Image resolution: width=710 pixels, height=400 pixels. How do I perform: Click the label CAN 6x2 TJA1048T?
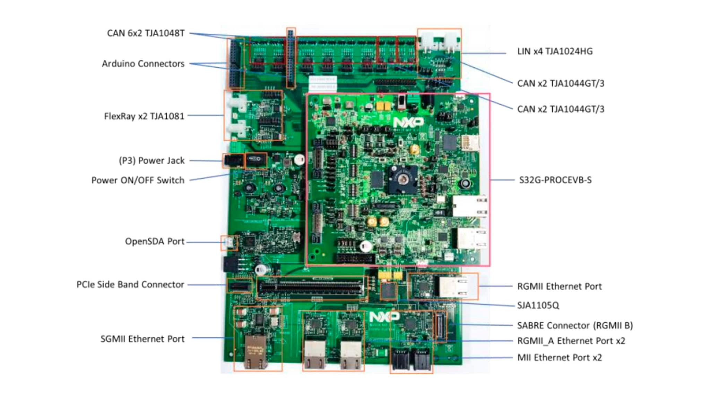tap(146, 33)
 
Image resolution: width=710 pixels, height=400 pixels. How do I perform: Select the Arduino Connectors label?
tap(143, 64)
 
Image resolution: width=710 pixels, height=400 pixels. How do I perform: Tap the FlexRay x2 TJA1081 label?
tap(144, 116)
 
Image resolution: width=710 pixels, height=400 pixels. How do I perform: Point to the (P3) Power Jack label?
tap(151, 160)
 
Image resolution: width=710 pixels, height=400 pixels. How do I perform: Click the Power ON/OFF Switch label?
tap(138, 180)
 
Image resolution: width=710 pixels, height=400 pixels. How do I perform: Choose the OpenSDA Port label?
tap(154, 241)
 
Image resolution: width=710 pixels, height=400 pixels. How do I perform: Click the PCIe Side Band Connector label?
tap(130, 285)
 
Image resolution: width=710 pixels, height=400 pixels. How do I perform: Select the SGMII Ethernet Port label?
tap(142, 339)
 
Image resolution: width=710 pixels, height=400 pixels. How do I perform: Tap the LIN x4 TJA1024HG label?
tap(555, 51)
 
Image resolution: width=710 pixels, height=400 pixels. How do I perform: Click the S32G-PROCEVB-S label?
tap(555, 180)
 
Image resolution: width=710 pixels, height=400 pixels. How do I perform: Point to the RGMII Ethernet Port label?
tap(559, 286)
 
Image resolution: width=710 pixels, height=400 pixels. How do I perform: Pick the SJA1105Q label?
tap(538, 306)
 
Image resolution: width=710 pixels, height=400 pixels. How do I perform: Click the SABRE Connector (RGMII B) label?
tap(575, 326)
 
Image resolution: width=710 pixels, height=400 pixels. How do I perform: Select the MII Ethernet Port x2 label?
tap(559, 358)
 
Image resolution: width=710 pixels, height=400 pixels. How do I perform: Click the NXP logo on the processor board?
tap(408, 122)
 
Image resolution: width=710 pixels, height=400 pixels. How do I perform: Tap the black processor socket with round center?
tap(402, 179)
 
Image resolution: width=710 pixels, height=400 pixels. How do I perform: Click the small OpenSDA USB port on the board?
tap(229, 242)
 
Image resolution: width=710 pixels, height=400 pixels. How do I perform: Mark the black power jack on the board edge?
tap(233, 161)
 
